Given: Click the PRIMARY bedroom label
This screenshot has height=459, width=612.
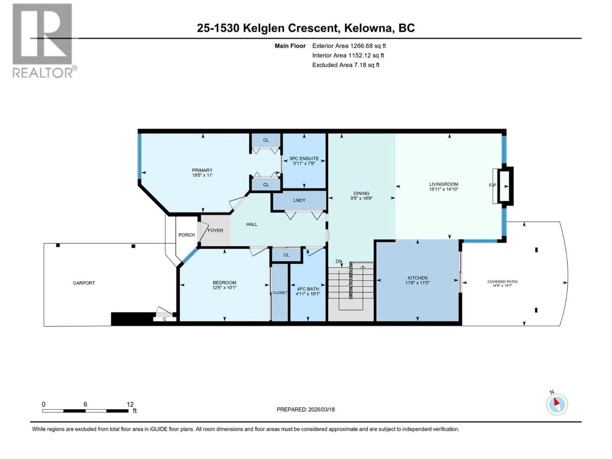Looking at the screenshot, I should pyautogui.click(x=202, y=170).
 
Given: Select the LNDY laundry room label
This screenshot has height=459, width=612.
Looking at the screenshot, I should pyautogui.click(x=299, y=200).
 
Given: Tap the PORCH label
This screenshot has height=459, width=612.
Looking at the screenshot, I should pyautogui.click(x=186, y=235).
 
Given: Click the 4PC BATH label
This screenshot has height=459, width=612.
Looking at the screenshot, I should pyautogui.click(x=308, y=289).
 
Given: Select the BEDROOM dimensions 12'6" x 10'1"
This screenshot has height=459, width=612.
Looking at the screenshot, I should pyautogui.click(x=224, y=288).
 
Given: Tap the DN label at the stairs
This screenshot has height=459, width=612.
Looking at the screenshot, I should pyautogui.click(x=339, y=261).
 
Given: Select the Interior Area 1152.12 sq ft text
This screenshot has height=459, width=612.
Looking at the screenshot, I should pyautogui.click(x=348, y=55).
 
